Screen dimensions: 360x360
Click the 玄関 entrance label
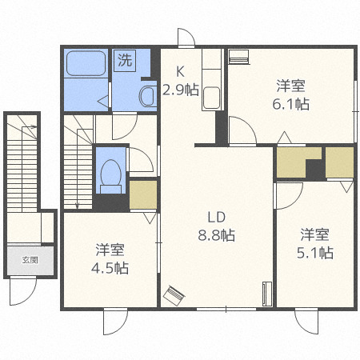(x=30, y=260)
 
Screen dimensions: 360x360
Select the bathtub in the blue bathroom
(x=86, y=63)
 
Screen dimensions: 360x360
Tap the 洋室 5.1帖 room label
(x=316, y=244)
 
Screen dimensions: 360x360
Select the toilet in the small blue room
(x=111, y=171)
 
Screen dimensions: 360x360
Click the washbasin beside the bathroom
(x=149, y=97)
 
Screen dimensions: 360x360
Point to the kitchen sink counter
(x=211, y=81)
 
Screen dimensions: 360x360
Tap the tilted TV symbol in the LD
(x=174, y=297)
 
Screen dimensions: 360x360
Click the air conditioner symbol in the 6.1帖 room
(x=239, y=57)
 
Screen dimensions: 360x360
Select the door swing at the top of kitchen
(x=186, y=38)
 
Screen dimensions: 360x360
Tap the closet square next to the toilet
(x=143, y=195)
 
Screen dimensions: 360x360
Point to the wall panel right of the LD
(x=266, y=294)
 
